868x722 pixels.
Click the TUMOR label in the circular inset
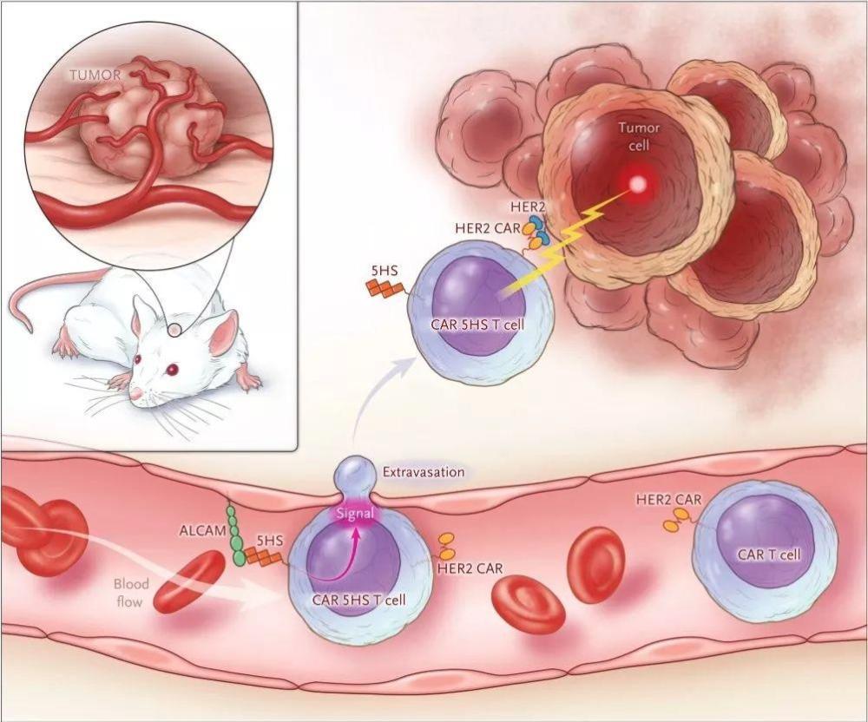[95, 75]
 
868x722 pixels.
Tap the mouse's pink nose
[135, 393]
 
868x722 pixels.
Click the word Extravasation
[424, 472]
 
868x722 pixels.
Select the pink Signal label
[355, 514]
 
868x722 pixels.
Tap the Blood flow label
[132, 593]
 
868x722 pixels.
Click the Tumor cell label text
[639, 137]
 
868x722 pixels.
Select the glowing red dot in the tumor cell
[638, 183]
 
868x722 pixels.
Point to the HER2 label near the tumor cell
[528, 207]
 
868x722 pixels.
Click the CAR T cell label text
[769, 554]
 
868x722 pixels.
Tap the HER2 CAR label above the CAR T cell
[668, 500]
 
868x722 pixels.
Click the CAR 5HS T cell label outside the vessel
[477, 324]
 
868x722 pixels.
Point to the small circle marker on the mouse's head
[175, 331]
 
